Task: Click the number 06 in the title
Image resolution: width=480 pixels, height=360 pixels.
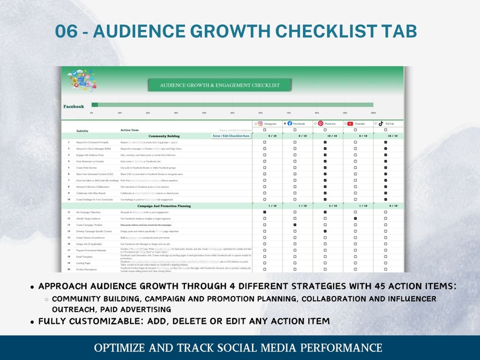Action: pyautogui.click(x=66, y=31)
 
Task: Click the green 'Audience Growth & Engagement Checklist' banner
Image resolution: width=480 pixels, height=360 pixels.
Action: pyautogui.click(x=219, y=85)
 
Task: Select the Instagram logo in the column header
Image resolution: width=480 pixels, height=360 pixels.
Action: pyautogui.click(x=260, y=123)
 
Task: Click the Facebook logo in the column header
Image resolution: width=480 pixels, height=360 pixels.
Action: pyautogui.click(x=290, y=123)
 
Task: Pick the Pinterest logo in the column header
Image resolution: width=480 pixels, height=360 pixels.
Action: pyautogui.click(x=320, y=123)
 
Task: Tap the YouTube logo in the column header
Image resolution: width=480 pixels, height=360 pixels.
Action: pyautogui.click(x=350, y=123)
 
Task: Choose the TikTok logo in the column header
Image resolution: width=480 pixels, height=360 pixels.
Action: pyautogui.click(x=381, y=123)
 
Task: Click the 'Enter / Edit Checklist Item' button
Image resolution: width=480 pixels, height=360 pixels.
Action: pyautogui.click(x=231, y=136)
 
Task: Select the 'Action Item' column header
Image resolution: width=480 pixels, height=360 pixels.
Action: pyautogui.click(x=130, y=130)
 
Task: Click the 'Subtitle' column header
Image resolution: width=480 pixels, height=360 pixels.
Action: pyautogui.click(x=82, y=130)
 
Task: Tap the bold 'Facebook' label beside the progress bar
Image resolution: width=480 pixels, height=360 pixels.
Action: pyautogui.click(x=74, y=106)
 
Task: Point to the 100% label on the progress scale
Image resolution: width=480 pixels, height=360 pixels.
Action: pyautogui.click(x=373, y=113)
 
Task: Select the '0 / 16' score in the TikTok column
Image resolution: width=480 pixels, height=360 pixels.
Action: pyautogui.click(x=385, y=206)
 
